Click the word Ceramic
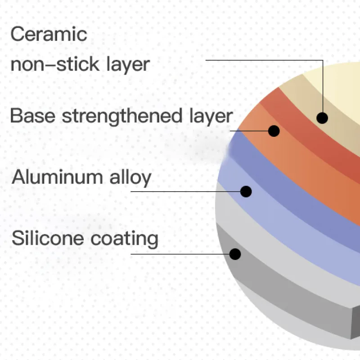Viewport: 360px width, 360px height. coord(49,34)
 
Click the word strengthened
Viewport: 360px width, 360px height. coord(121,116)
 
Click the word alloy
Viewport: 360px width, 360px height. coord(130,177)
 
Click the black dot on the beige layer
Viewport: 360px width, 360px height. coord(322,118)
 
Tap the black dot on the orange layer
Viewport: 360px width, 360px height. coord(274,131)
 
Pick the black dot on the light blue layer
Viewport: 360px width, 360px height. coord(246,191)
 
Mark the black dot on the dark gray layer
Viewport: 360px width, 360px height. coord(235,254)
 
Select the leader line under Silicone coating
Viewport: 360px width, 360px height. coord(180,254)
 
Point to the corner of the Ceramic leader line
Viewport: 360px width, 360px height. coord(323,60)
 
